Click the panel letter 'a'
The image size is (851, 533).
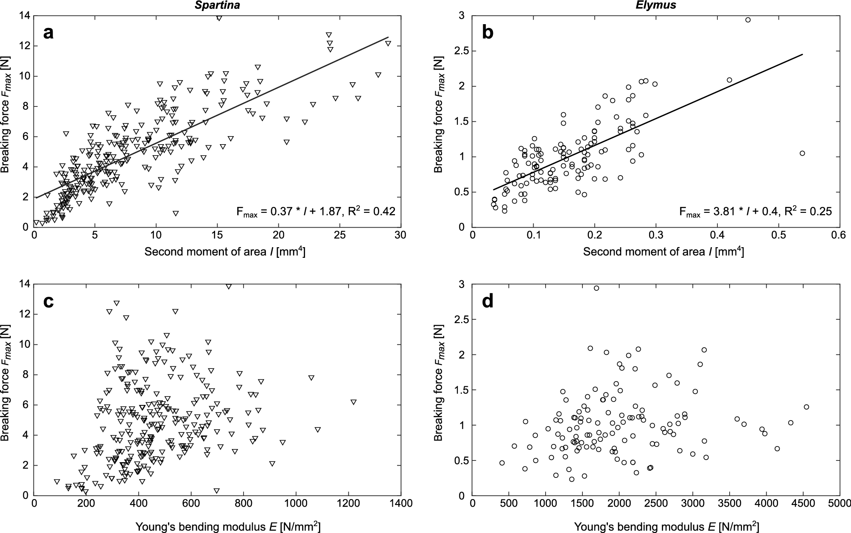[49, 33]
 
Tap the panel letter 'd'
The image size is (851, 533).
[488, 301]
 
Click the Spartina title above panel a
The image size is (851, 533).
[219, 5]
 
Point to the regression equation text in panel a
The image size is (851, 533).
[316, 212]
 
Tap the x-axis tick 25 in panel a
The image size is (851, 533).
[339, 235]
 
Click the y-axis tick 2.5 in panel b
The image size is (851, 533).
[462, 51]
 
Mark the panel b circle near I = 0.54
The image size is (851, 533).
[802, 153]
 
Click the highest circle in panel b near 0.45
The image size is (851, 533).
[748, 20]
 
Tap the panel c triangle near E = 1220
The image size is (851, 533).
[353, 402]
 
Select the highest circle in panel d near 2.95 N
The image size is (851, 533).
[596, 288]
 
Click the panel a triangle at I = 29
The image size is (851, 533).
[388, 43]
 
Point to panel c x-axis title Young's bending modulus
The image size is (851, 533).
[228, 526]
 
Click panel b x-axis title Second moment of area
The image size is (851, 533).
[663, 252]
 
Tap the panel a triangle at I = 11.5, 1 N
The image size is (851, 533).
[175, 213]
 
